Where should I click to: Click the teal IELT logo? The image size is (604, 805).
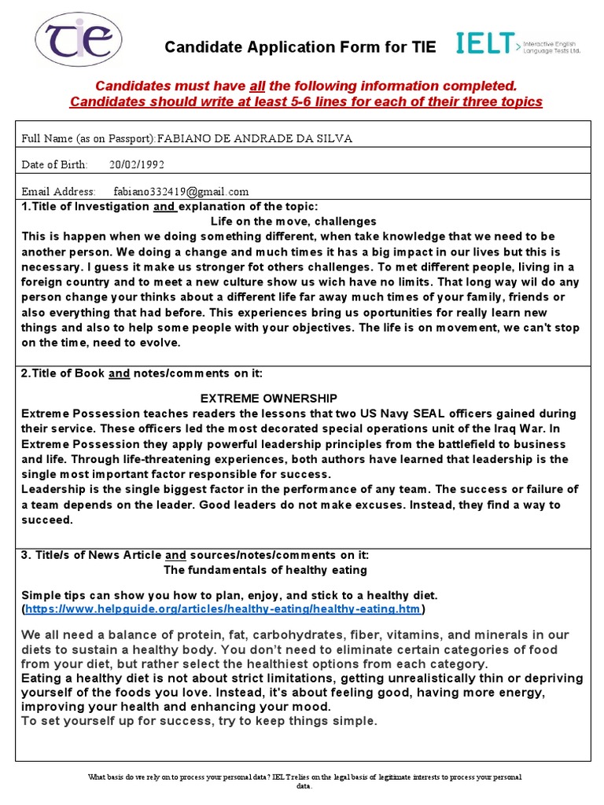[x=486, y=45]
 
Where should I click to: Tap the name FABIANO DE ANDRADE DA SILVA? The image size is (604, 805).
[x=255, y=138]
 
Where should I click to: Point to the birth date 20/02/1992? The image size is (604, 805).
[x=137, y=164]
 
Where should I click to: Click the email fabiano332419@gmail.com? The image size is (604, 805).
[x=181, y=191]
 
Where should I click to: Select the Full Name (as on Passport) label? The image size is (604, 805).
[x=88, y=138]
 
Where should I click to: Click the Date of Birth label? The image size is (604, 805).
[x=54, y=164]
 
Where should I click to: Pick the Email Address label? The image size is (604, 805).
[x=58, y=191]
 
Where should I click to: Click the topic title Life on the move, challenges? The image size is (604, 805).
[x=293, y=221]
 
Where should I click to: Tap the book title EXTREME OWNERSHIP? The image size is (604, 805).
[x=269, y=398]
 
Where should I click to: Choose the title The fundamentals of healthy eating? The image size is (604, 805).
[x=265, y=569]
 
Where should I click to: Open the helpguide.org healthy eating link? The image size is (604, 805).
[x=223, y=608]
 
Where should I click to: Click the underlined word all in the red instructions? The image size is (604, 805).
[x=256, y=86]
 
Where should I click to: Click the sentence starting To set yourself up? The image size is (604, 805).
[x=199, y=721]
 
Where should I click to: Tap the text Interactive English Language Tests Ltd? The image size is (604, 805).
[x=552, y=46]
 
